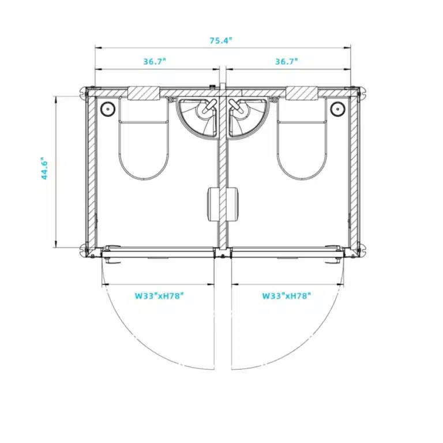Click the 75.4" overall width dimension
[x=221, y=40]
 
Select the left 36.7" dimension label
[x=154, y=61]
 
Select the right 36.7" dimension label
[x=287, y=61]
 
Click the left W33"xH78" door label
[x=160, y=296]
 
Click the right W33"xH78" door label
[x=287, y=296]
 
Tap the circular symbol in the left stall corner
[x=107, y=108]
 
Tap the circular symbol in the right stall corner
[x=337, y=108]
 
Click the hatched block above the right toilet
[x=302, y=93]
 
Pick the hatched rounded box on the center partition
[x=223, y=203]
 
